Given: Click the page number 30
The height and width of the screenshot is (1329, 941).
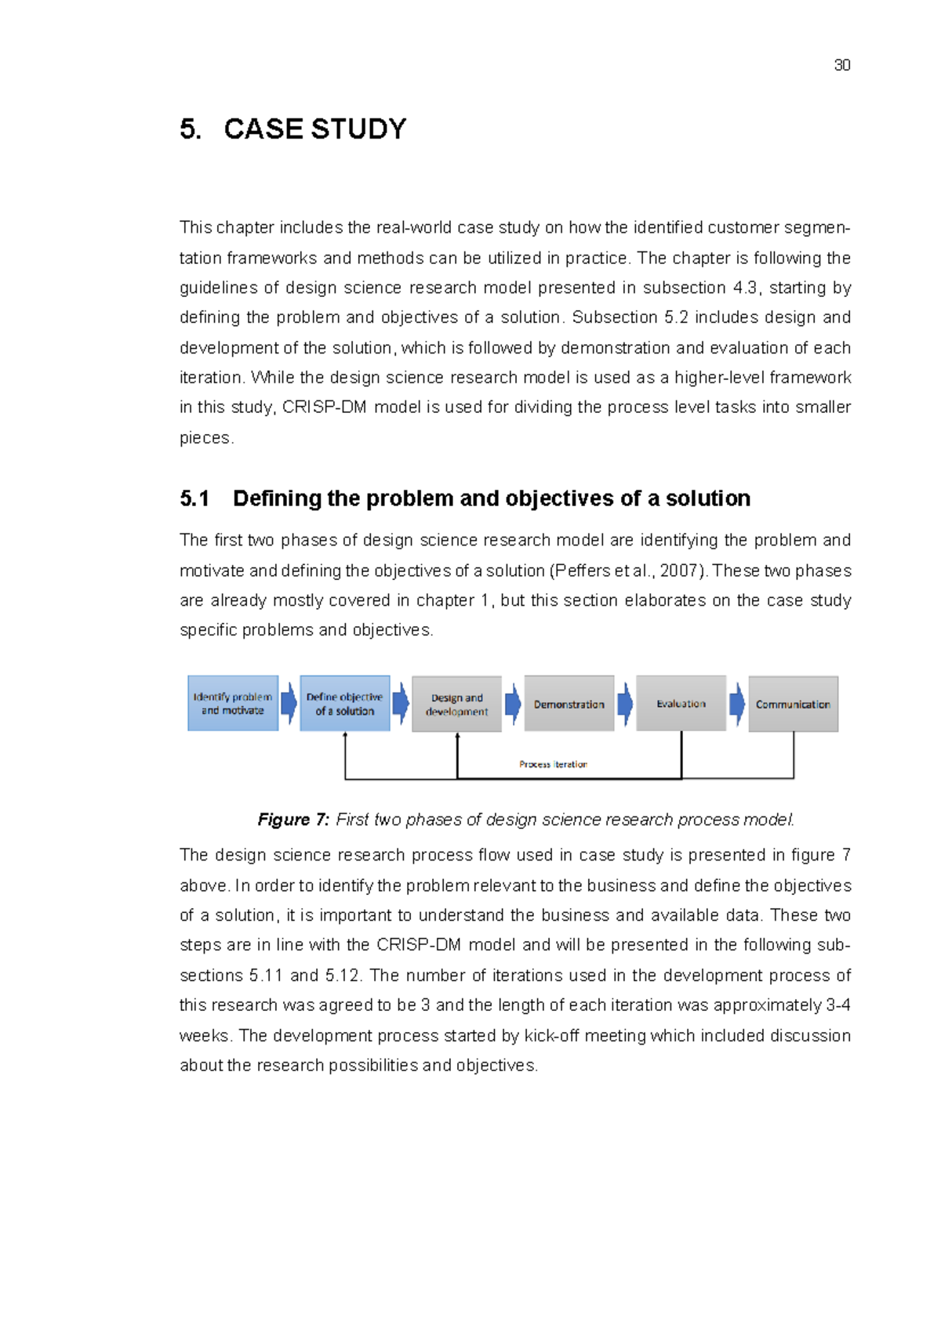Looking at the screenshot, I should (842, 65).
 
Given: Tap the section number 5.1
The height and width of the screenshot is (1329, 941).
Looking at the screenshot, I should (194, 498).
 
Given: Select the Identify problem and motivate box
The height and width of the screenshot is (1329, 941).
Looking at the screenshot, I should (233, 704).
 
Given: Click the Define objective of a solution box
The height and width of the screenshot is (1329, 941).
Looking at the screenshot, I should (345, 704).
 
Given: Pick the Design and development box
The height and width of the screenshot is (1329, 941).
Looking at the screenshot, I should (456, 704).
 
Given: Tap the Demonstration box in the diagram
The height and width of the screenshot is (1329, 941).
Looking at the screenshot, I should (569, 704).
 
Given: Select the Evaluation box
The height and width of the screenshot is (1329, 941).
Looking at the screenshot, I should (681, 704).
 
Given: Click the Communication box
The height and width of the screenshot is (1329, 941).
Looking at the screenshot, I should (793, 704).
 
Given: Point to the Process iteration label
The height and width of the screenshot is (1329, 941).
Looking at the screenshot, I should (553, 764).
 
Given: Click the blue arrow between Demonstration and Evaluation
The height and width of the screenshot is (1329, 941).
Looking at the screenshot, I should (625, 704).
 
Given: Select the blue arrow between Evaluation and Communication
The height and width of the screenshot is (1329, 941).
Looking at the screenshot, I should (737, 704).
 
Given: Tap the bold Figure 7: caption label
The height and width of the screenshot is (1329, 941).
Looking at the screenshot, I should (293, 820).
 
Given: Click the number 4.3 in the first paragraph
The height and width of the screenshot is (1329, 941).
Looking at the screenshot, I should (745, 288).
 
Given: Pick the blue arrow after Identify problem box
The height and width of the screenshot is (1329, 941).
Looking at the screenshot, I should (289, 704).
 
